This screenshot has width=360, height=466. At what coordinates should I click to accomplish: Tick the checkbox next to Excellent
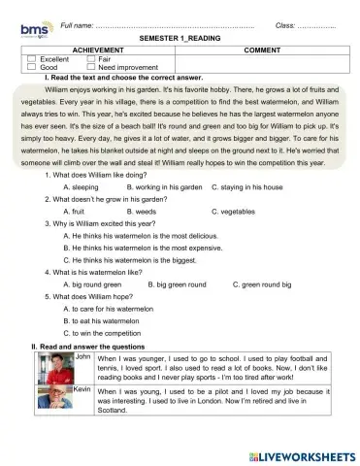click(30, 59)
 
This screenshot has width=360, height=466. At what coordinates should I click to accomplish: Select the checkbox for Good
click(30, 68)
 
